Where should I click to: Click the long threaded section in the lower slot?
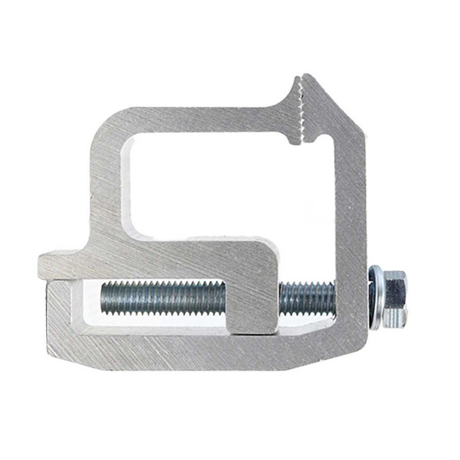[x=162, y=298]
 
